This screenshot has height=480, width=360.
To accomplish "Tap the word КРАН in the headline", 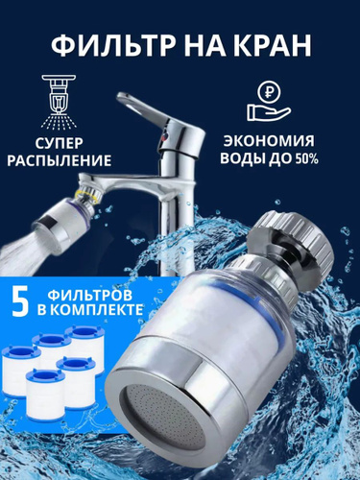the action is click(x=274, y=45).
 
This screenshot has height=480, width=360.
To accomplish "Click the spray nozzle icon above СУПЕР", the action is click(x=59, y=102).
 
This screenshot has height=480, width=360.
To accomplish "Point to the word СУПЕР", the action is click(x=59, y=143).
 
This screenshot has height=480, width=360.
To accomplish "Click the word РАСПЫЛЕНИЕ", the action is click(x=60, y=160).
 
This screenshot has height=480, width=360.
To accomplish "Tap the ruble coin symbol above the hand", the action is click(x=269, y=92).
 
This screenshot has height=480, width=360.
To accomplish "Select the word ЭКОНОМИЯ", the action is click(x=269, y=141).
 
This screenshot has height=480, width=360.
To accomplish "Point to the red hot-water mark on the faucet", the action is click(x=162, y=138).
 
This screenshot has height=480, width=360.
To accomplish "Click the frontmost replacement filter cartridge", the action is click(x=45, y=394).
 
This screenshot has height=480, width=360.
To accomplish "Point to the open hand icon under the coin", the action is click(x=268, y=111).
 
